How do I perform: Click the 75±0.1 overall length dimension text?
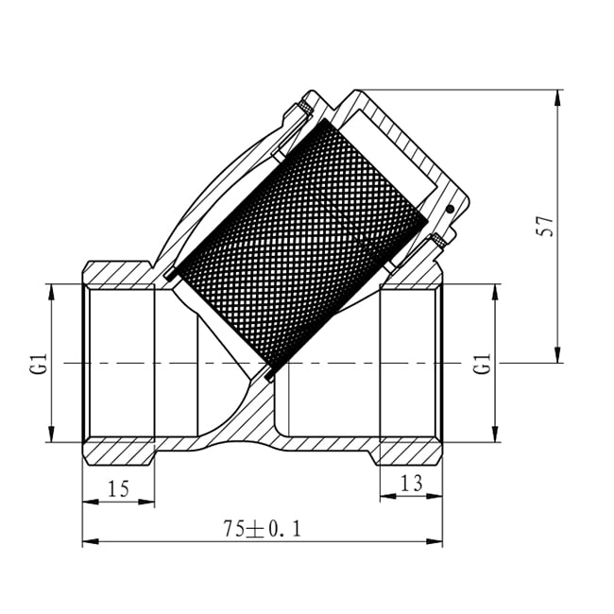pos(263,529)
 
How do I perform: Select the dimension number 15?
pos(118,489)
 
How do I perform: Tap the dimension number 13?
pos(412,483)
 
